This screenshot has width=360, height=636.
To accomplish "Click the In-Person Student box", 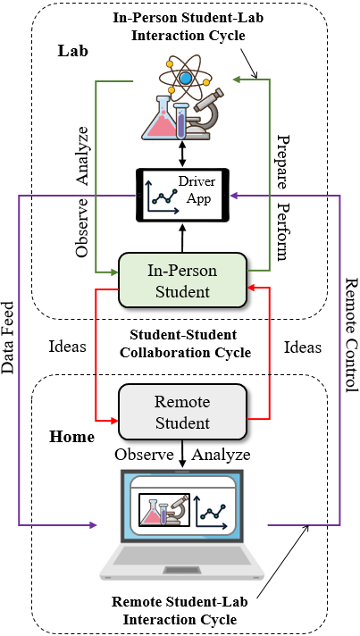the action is tap(182, 280).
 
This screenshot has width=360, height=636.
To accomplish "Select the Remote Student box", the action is tap(182, 412).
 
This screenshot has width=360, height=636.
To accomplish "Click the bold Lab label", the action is tap(73, 51).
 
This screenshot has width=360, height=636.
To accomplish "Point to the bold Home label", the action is tap(72, 437).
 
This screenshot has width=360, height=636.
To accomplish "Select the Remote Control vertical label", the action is tap(351, 335).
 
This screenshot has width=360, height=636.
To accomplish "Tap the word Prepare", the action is tap(281, 163).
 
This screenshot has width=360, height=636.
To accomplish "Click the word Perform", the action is tap(281, 232).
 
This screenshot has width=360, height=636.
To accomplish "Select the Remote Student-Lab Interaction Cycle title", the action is tap(180, 611).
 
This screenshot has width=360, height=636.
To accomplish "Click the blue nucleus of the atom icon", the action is tap(186, 79).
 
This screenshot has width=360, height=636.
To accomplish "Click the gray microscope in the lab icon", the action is tap(204, 114).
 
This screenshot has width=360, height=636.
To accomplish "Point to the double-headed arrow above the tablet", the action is tap(182, 154).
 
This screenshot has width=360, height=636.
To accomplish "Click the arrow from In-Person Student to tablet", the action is tap(182, 239).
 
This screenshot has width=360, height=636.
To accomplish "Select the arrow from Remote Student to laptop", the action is tap(182, 453).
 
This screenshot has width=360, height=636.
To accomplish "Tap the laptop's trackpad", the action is tap(182, 571).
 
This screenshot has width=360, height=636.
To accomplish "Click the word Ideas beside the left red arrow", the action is tap(68, 347).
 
